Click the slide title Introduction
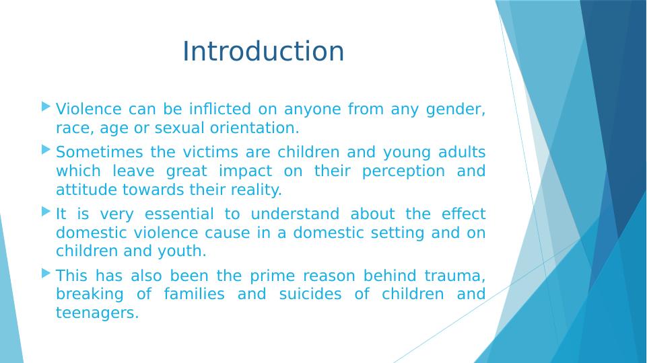tap(263, 51)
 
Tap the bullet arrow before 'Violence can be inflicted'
tap(46, 107)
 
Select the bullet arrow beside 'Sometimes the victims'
tap(46, 149)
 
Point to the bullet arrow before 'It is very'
tap(46, 212)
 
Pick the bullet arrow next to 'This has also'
tap(46, 273)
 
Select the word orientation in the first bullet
tap(254, 128)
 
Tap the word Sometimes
tap(100, 152)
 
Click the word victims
tap(211, 152)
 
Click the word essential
tap(179, 214)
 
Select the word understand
tap(295, 214)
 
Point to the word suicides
tap(310, 294)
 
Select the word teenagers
tap(98, 313)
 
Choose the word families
tap(194, 294)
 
